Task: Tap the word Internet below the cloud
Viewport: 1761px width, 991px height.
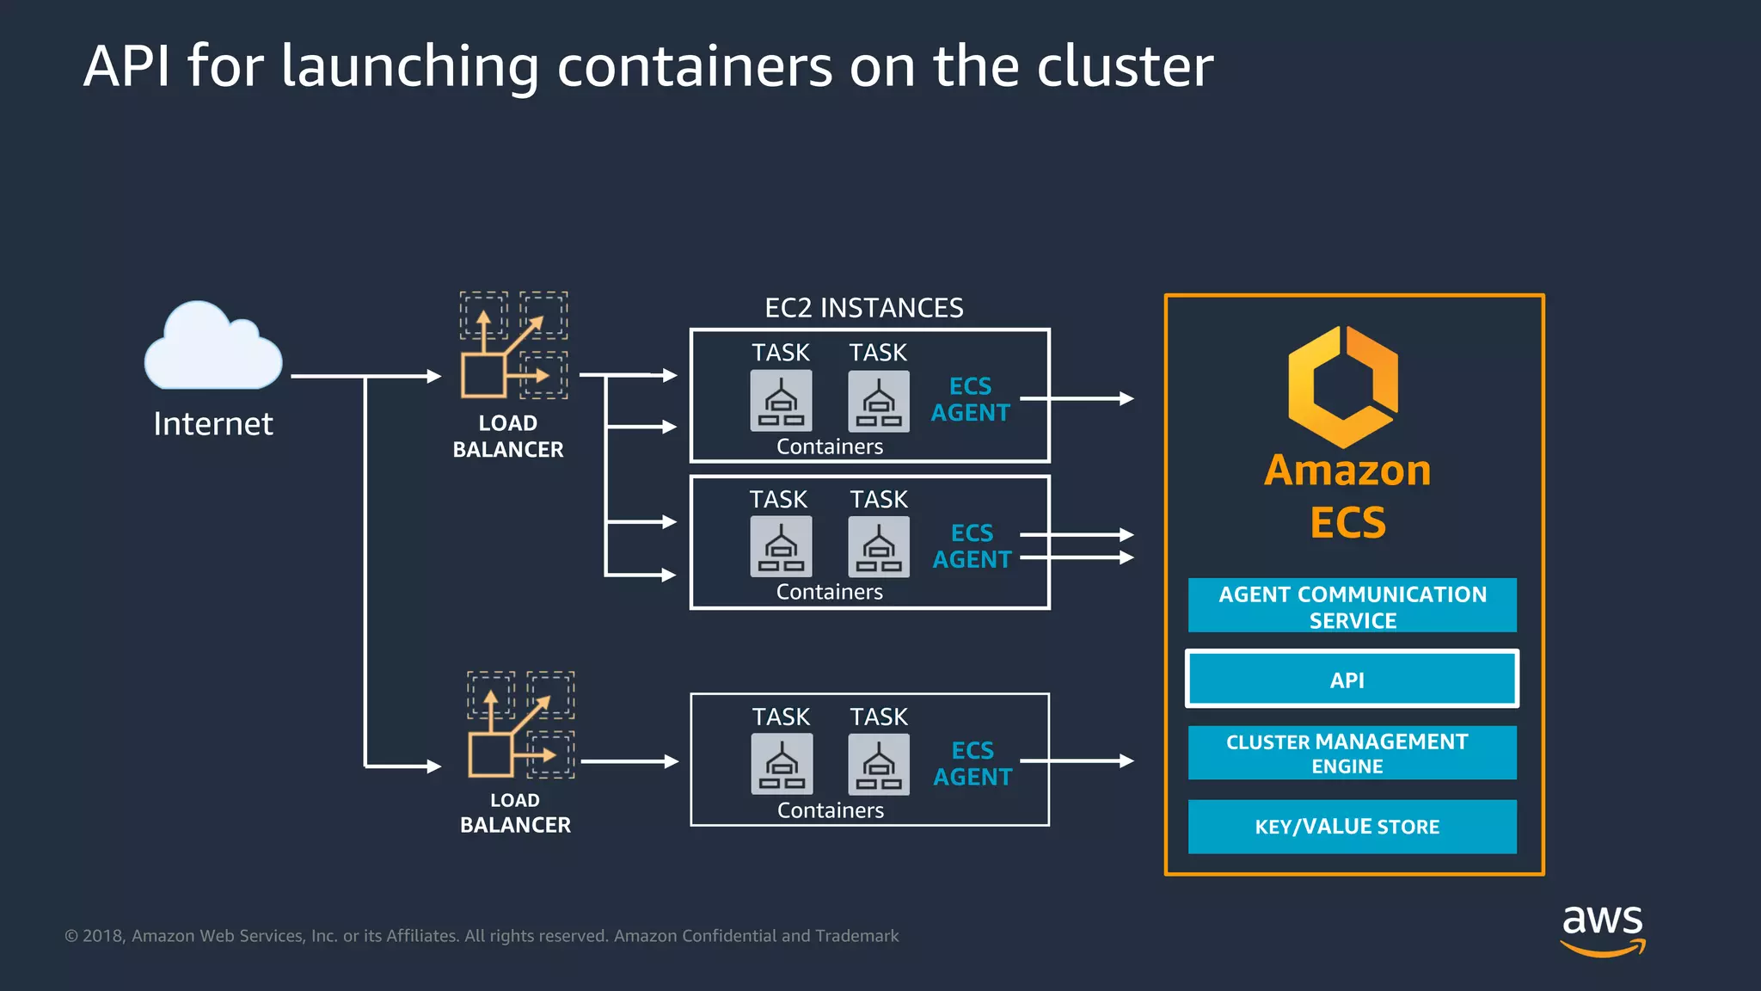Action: click(x=213, y=424)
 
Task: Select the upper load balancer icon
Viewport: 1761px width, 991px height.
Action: click(x=513, y=345)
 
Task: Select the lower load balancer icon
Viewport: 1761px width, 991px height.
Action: click(x=520, y=724)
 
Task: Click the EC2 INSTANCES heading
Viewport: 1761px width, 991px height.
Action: click(x=863, y=308)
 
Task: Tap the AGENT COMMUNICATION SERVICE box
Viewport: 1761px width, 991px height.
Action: click(x=1351, y=606)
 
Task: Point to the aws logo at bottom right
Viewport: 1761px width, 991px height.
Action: click(x=1602, y=929)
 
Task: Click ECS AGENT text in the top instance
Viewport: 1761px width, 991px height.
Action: click(x=970, y=399)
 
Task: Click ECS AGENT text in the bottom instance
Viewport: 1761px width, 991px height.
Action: click(x=973, y=763)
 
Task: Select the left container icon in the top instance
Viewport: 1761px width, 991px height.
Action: click(x=781, y=401)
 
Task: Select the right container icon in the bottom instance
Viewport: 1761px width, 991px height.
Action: click(x=879, y=764)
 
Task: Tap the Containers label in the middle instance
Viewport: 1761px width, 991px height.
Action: click(x=829, y=592)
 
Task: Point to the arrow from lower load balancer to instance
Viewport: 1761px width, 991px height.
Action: click(x=629, y=761)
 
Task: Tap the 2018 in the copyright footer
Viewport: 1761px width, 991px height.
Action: click(x=103, y=936)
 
